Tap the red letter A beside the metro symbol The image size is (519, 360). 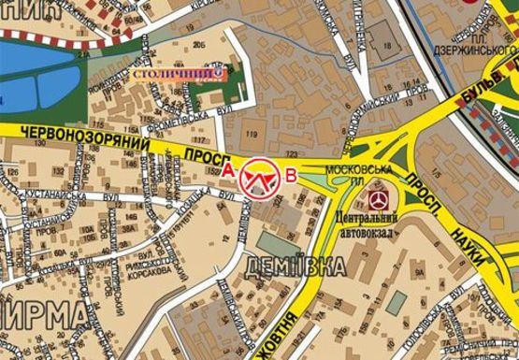tap(230, 171)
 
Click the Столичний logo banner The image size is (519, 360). tap(178, 72)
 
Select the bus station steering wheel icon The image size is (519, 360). tap(379, 200)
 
